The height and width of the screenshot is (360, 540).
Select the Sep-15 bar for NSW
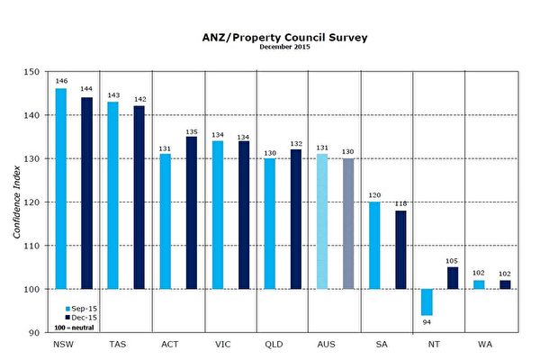[60, 188]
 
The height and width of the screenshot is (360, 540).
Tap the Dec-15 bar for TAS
[139, 197]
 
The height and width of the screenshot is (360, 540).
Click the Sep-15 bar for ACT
[166, 221]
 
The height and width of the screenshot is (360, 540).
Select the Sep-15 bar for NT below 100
[427, 301]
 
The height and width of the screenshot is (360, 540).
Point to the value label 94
[427, 321]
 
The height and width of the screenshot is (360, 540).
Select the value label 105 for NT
[453, 261]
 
